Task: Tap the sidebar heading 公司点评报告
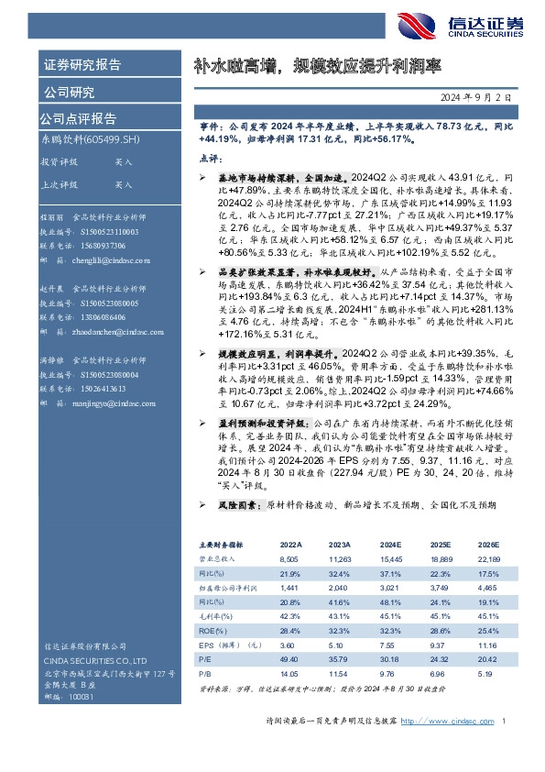(78, 118)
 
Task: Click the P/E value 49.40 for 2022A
(289, 658)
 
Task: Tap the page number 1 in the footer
(505, 746)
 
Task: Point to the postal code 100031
(82, 697)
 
